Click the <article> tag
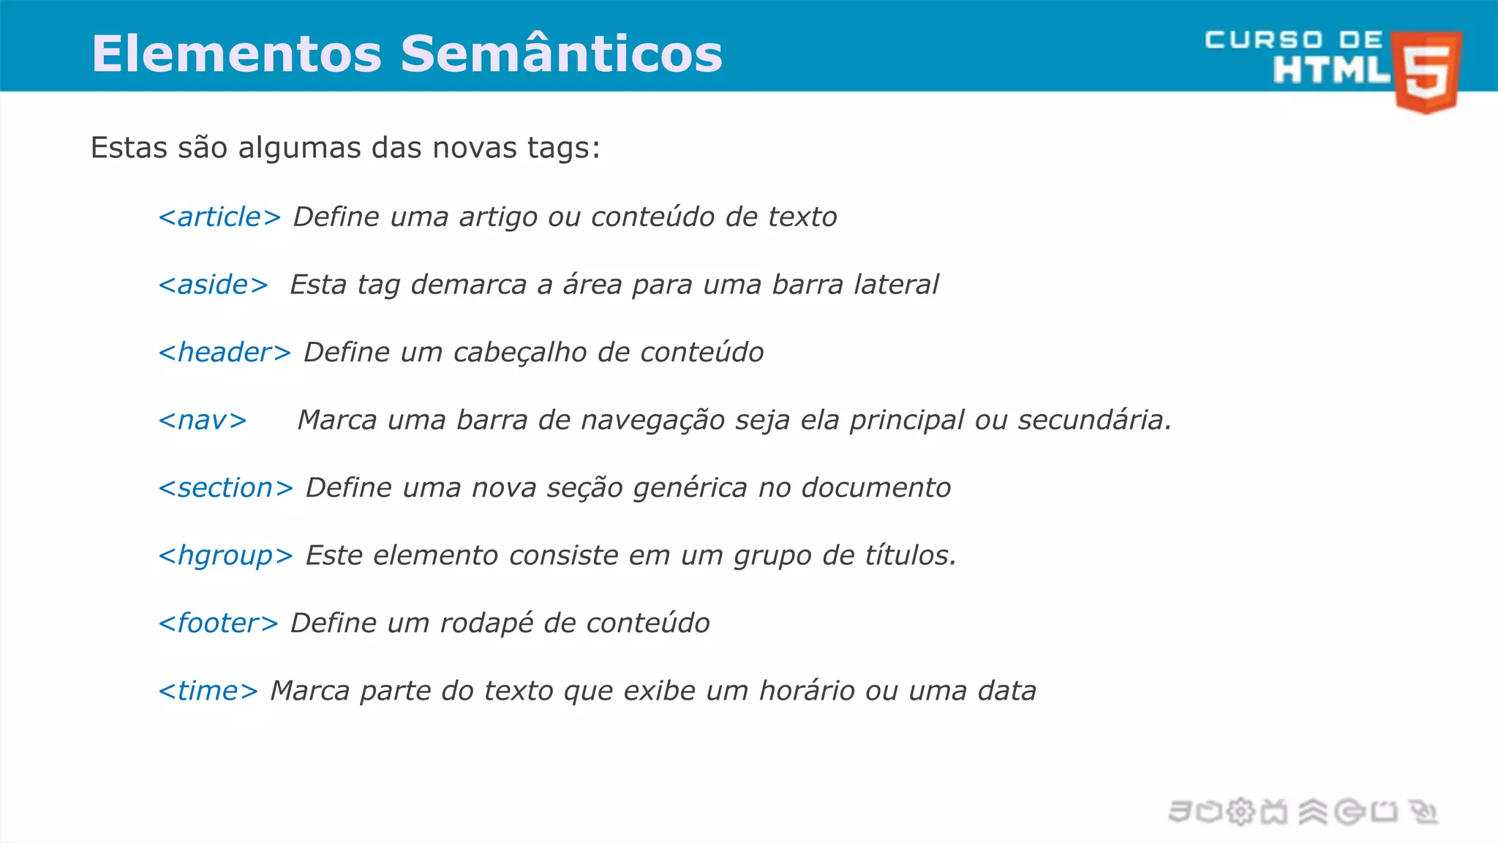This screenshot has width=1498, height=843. click(x=219, y=217)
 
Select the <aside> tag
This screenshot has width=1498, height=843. click(x=213, y=285)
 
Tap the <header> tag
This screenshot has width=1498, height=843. click(x=225, y=353)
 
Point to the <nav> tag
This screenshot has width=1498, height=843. click(x=203, y=421)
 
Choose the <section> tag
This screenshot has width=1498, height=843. click(x=225, y=488)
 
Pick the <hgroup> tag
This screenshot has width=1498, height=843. click(x=225, y=556)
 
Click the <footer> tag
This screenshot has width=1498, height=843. click(x=218, y=623)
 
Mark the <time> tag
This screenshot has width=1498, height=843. click(x=208, y=692)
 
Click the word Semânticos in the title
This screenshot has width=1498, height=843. click(x=561, y=53)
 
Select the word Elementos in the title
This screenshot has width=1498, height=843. click(x=237, y=53)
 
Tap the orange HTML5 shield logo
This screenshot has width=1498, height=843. click(x=1427, y=72)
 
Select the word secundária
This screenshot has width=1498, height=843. click(x=1094, y=421)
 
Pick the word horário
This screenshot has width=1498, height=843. click(x=807, y=692)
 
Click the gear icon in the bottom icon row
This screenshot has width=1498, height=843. click(x=1240, y=812)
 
